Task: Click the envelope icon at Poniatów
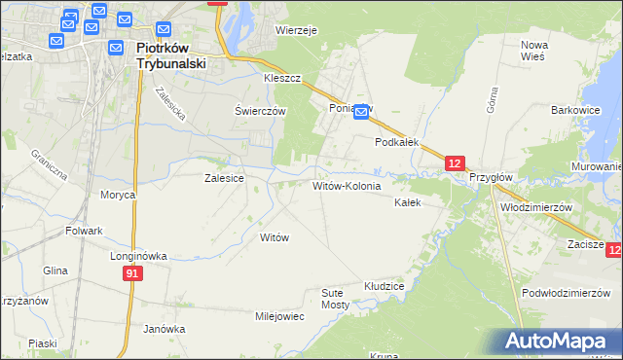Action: tap(361, 113)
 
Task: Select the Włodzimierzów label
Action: tap(534, 207)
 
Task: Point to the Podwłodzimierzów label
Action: tap(565, 293)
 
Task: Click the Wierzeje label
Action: tap(297, 30)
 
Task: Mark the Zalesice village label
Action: tap(223, 178)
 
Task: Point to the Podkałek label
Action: tap(397, 141)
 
